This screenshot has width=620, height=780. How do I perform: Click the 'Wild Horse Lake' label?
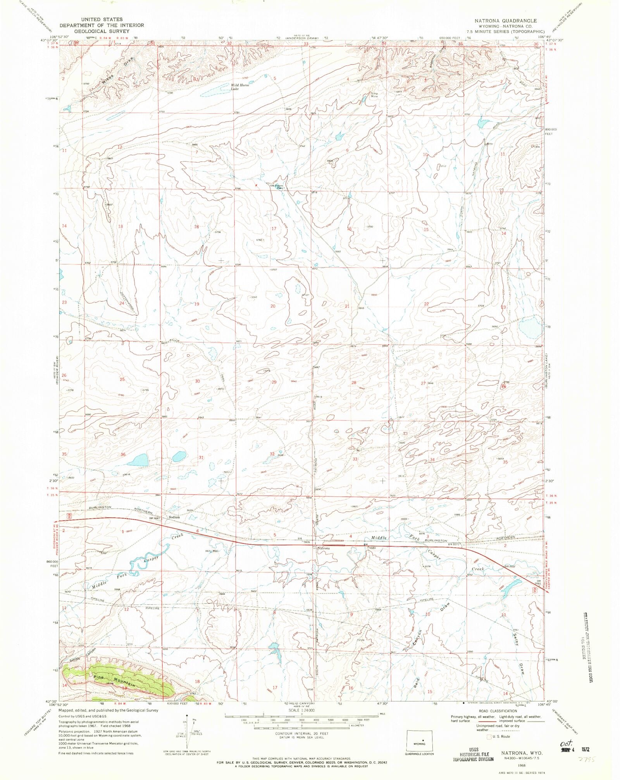click(x=240, y=87)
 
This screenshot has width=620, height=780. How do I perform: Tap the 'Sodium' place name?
click(x=174, y=517)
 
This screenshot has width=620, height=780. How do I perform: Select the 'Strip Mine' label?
click(x=374, y=95)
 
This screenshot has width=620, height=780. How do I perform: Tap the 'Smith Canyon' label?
click(x=83, y=655)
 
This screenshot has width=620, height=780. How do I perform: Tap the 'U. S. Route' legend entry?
click(x=500, y=736)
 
